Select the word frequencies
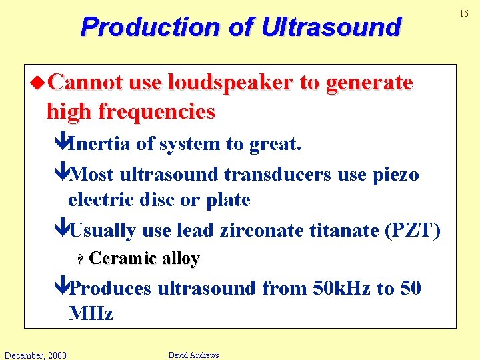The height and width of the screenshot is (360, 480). pos(157,111)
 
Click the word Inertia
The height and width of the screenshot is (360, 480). pos(101,143)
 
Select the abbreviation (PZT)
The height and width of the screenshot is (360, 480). pos(413,231)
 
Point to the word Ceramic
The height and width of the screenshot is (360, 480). pos(122,259)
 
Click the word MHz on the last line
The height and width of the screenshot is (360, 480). pos(91,313)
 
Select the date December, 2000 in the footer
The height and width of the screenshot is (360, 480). pos(35,355)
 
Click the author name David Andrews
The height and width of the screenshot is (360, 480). pos(193,355)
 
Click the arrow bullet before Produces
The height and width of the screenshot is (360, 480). pos(61,289)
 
